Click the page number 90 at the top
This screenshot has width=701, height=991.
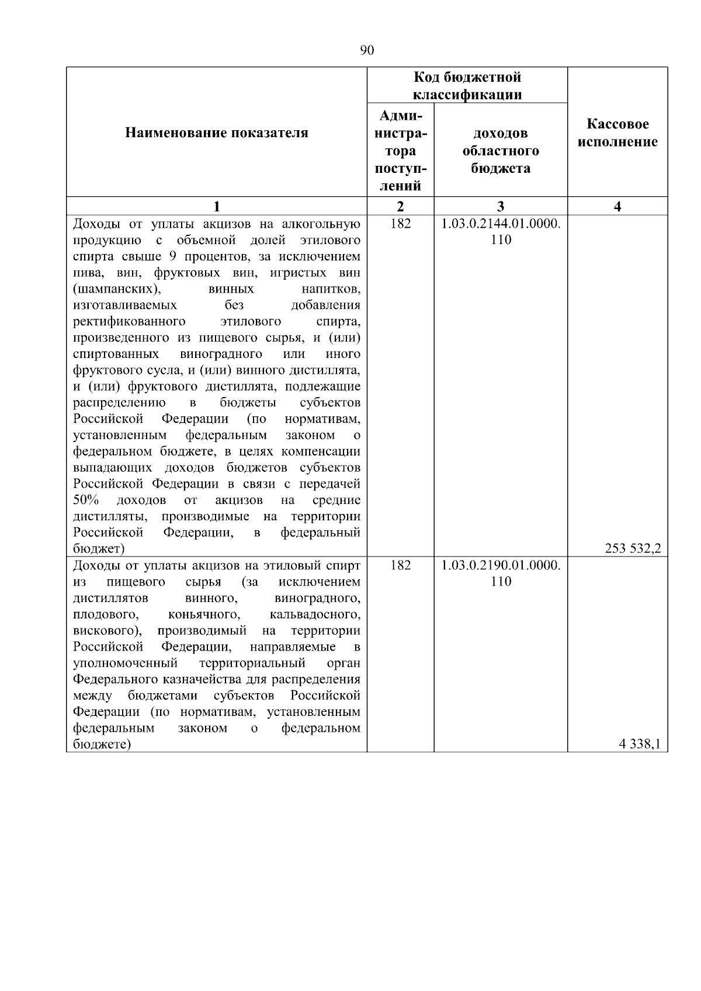tap(367, 50)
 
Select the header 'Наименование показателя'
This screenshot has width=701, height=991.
tap(217, 133)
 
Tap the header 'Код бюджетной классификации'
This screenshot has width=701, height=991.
tap(467, 86)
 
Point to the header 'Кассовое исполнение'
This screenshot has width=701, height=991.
tap(617, 133)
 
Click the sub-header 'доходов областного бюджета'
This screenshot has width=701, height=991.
tap(501, 151)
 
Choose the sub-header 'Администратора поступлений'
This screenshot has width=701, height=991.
tap(400, 150)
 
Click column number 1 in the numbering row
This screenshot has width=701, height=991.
tap(217, 206)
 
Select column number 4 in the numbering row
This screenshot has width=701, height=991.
tap(617, 206)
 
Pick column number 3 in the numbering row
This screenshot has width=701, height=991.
tap(501, 206)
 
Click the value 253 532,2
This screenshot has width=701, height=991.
tap(633, 548)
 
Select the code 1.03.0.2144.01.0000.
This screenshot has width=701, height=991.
tap(501, 224)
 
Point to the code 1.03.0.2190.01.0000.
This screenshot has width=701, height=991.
tap(501, 565)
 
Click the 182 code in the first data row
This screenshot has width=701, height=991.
tap(400, 224)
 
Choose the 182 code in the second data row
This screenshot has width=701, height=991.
tap(400, 565)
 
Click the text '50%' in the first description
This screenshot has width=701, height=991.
tap(86, 500)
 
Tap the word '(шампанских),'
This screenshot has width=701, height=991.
tap(117, 289)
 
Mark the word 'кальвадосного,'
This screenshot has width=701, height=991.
tap(315, 614)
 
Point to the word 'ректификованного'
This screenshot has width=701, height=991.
tap(129, 322)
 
